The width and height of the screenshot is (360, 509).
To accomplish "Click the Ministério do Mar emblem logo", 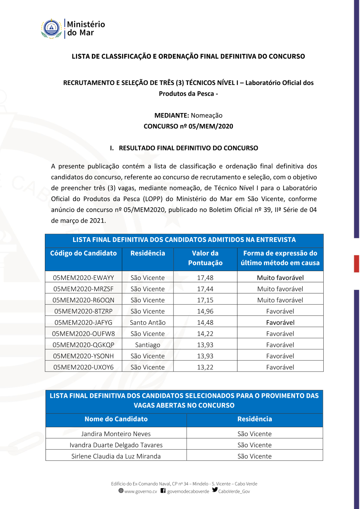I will [x=51, y=29].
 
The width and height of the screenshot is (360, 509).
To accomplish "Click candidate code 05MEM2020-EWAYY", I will [x=84, y=278].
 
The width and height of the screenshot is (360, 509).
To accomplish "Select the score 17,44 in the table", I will [x=205, y=289].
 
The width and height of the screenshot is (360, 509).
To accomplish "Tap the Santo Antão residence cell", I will [x=148, y=323].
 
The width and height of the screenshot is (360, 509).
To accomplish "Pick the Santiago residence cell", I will [x=148, y=345].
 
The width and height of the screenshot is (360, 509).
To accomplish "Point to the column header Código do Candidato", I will [x=84, y=253].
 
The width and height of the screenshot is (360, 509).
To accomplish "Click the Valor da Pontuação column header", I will [x=205, y=258].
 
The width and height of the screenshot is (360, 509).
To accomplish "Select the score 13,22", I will [x=205, y=367].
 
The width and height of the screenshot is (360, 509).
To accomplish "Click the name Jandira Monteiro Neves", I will [x=116, y=434].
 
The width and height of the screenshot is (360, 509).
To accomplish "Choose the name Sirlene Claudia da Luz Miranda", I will [x=116, y=456].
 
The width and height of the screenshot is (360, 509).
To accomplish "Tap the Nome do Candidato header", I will [x=116, y=419].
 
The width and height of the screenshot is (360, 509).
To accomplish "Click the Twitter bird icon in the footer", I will [x=215, y=490].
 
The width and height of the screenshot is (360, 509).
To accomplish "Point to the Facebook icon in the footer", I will [x=163, y=491].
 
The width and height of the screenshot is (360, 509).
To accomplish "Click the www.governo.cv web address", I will [x=140, y=491].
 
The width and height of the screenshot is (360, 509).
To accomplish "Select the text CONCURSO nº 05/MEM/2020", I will [x=188, y=126].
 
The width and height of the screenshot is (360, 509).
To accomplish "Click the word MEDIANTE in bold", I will [x=172, y=116].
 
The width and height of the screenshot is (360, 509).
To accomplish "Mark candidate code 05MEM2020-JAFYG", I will [x=84, y=323].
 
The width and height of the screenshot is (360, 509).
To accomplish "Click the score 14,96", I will [x=205, y=311].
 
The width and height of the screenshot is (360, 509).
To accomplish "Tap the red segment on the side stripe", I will [x=356, y=263].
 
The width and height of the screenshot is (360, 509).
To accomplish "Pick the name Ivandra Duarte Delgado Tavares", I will [x=116, y=445].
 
